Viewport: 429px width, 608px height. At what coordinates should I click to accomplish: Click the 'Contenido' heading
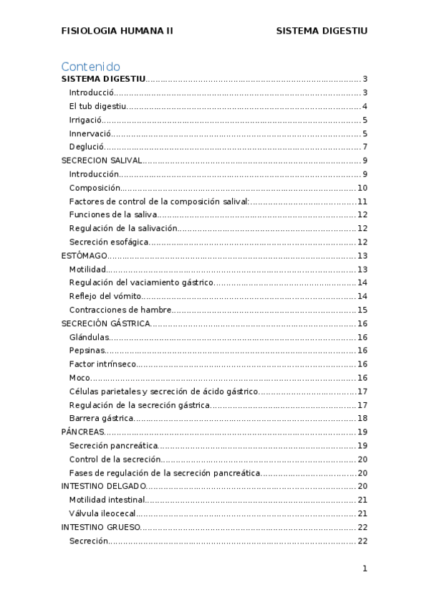[90, 67]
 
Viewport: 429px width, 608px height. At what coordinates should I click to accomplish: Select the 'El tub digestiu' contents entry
[98, 107]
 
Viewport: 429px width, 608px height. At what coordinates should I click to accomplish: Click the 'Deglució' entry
[87, 147]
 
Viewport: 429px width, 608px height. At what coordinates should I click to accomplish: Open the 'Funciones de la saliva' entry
[112, 215]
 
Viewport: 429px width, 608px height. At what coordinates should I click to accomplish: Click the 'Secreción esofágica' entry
[109, 242]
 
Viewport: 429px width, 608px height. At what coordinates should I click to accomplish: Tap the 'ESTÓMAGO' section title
[85, 255]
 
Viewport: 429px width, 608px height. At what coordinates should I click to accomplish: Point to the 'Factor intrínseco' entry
[102, 364]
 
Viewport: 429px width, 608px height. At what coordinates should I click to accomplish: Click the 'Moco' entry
[80, 378]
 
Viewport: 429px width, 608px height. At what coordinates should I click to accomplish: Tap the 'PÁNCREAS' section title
[83, 432]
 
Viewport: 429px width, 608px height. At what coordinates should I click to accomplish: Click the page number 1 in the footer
[365, 569]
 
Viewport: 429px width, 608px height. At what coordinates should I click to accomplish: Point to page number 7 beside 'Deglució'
[365, 147]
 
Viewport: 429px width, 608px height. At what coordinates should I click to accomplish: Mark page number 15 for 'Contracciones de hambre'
[362, 310]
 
